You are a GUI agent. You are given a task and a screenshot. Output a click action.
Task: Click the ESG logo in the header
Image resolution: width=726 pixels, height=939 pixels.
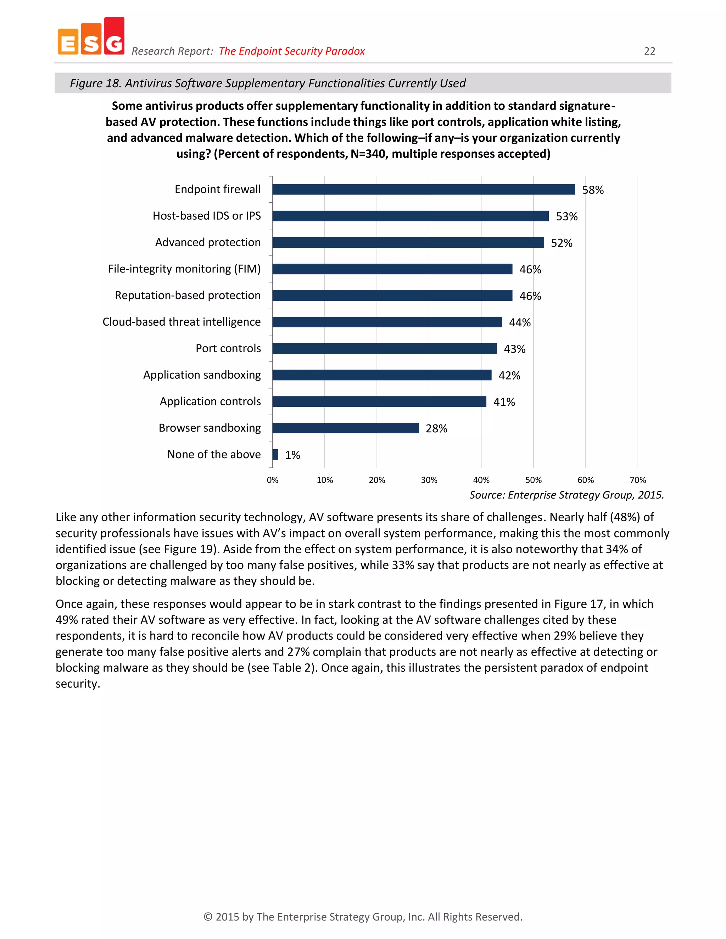91,37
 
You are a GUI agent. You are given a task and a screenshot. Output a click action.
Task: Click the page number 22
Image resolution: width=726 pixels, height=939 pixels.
649,51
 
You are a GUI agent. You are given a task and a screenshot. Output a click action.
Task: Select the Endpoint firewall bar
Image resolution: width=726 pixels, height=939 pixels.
423,190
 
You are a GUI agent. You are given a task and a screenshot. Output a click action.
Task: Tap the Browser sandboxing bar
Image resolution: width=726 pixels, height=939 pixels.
345,428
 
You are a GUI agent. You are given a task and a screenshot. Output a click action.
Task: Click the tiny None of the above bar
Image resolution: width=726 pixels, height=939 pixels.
275,455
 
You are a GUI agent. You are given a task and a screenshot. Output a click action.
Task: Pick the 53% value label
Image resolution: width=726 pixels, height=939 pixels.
566,217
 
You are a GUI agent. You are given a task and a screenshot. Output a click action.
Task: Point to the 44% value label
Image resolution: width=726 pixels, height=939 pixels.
520,322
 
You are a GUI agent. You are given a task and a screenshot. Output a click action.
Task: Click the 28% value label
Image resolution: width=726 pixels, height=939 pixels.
436,429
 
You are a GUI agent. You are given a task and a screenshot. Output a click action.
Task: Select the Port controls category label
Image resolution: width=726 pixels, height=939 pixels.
228,348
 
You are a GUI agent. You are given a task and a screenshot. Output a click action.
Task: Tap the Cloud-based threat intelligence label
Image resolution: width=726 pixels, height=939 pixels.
181,322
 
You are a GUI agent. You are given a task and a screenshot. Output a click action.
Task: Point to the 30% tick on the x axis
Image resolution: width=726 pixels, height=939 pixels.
429,480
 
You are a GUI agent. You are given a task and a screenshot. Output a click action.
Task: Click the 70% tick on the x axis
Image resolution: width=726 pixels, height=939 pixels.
637,480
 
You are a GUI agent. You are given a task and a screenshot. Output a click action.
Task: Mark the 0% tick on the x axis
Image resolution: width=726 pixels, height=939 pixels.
272,480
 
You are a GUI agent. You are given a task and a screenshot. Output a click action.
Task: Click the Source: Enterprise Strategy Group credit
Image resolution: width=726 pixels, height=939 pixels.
566,495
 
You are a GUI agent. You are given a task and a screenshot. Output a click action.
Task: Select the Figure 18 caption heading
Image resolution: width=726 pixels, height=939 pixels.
268,83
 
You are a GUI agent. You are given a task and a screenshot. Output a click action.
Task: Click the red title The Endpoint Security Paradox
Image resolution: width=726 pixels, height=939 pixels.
292,51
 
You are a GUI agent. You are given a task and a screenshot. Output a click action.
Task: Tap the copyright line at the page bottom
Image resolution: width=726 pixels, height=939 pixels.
363,917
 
